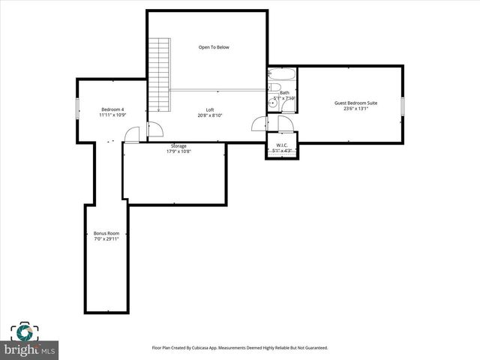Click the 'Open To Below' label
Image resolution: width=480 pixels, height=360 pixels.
tap(214, 47)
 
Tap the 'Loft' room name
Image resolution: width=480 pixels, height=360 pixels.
tap(210, 109)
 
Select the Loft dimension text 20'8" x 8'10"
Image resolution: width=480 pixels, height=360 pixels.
tap(210, 115)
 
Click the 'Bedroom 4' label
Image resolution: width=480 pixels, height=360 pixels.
tap(112, 109)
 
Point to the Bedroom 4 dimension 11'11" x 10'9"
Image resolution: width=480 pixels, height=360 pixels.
tap(112, 115)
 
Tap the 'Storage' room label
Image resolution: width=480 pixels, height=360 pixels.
tap(178, 145)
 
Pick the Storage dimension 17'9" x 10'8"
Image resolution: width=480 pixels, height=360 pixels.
tap(178, 151)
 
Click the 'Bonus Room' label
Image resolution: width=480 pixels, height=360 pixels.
tap(106, 232)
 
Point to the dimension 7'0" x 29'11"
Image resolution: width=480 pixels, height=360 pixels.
tap(106, 238)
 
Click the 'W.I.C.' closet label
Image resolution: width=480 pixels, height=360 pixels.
tap(282, 145)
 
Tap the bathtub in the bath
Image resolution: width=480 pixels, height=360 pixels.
tap(282, 75)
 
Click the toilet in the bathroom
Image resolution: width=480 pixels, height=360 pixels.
tap(274, 88)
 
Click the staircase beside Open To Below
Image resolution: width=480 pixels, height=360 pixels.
tap(158, 75)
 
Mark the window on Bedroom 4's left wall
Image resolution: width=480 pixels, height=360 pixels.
tap(77, 109)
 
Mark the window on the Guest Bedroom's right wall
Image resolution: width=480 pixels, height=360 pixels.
tap(402, 106)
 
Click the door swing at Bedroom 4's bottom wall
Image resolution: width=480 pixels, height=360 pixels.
tap(132, 135)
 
